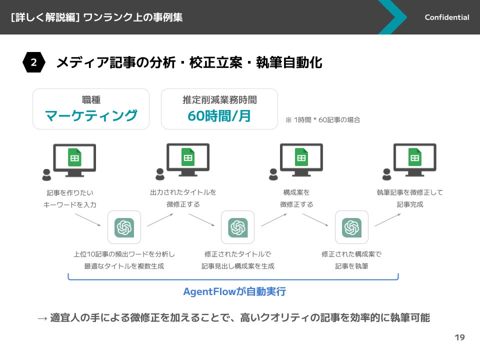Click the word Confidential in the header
446,17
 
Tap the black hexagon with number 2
33,62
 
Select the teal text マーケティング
91,115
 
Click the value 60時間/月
219,115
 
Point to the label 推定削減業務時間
219,100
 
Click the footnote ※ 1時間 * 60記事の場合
322,120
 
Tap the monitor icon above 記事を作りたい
74,159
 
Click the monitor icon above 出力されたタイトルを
188,159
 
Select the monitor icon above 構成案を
301,159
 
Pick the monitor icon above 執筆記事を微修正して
414,159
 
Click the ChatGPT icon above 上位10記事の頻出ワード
124,227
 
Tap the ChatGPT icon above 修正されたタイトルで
237,227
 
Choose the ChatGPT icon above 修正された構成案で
351,227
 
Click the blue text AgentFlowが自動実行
234,291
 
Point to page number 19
459,337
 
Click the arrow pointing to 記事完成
387,220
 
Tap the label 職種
91,100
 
